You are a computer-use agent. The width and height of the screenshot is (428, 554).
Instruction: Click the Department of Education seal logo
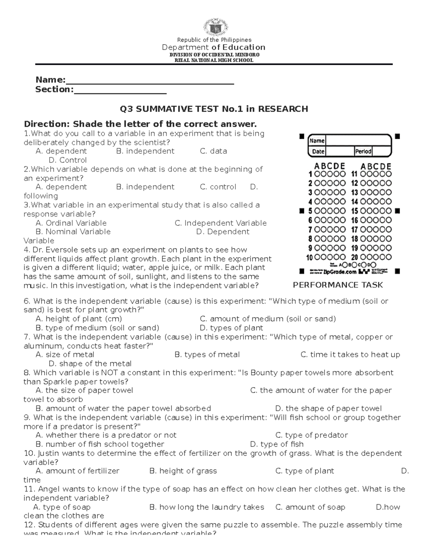point(214,25)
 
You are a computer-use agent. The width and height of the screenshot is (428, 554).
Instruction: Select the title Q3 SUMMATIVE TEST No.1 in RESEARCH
point(214,109)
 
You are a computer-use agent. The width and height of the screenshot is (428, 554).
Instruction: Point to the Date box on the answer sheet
point(331,151)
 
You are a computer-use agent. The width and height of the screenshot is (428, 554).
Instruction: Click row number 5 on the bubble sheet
point(310,211)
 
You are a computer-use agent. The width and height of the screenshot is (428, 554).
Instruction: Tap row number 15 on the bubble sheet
point(355,211)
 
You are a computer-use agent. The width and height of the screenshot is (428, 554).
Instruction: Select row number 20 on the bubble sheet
point(355,257)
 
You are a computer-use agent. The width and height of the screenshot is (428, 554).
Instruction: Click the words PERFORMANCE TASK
point(338,285)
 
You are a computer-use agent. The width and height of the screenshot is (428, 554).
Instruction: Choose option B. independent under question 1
point(145,151)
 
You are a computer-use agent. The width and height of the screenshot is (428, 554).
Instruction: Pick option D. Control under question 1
point(67,160)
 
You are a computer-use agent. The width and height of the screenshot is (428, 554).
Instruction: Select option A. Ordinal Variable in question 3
point(71,223)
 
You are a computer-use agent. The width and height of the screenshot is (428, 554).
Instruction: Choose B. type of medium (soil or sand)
point(97,328)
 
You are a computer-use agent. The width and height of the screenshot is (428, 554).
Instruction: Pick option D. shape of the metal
point(90,364)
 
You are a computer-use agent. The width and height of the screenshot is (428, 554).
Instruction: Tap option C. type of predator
point(311,435)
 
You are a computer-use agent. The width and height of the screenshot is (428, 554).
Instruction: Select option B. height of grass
point(183,471)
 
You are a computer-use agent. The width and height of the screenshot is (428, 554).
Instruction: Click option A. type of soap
point(62,507)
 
